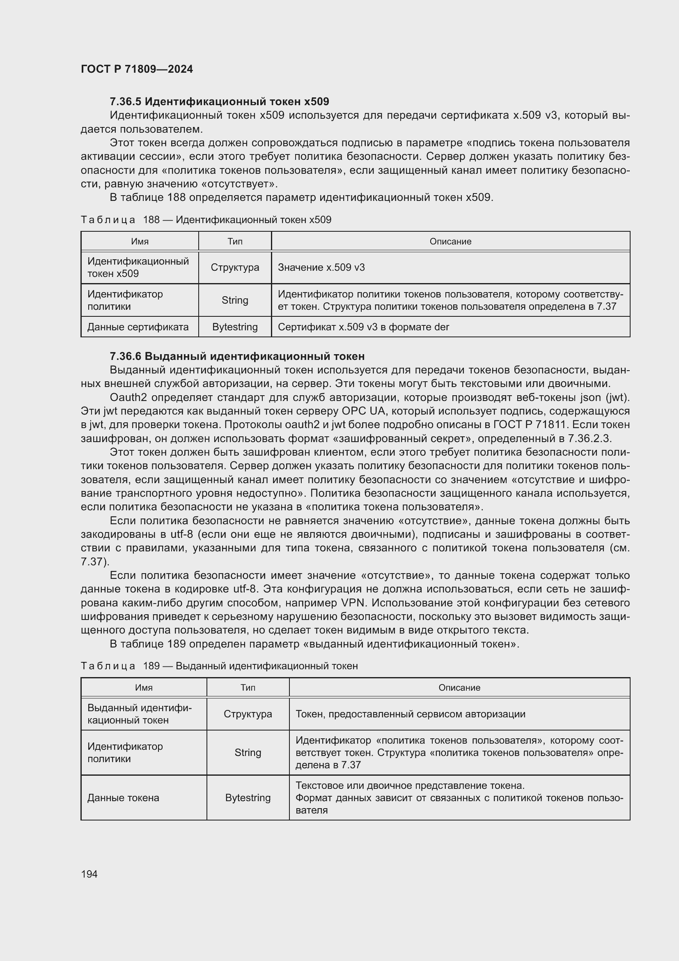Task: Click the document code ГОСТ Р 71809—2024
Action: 137,69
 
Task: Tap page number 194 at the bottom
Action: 89,874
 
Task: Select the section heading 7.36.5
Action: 219,102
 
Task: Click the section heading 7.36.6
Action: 237,356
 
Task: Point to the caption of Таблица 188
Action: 206,220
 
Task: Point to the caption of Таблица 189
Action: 219,666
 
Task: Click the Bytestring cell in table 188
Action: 234,327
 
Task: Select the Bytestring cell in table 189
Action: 248,798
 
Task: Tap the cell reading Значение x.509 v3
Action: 321,267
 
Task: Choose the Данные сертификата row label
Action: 138,327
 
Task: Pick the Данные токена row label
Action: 123,798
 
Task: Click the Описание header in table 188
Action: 450,242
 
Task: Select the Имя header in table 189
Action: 143,688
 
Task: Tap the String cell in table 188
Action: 234,300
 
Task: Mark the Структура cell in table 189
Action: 248,714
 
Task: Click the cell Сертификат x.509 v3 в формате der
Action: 363,327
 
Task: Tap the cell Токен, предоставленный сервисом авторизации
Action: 410,714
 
